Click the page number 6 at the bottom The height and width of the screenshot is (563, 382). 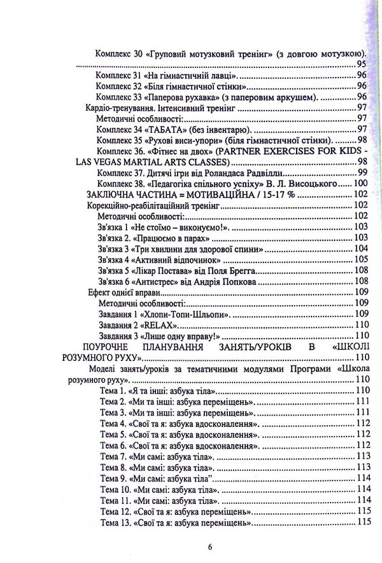click(191, 546)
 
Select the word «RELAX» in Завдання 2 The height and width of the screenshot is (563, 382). click(150, 323)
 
